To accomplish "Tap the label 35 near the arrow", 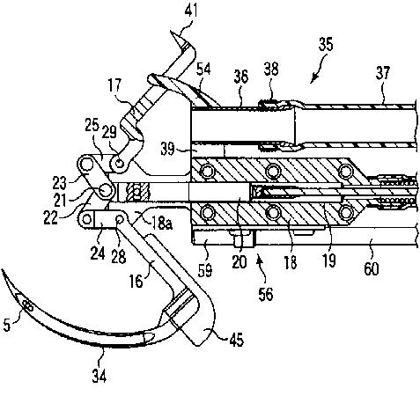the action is point(326,45).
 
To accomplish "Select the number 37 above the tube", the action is point(383,73).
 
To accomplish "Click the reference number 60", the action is point(372,268).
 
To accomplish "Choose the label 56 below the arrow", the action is point(266,294).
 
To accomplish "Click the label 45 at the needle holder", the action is point(237,340).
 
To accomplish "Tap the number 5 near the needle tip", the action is point(7,325).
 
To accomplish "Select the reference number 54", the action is point(203,70).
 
